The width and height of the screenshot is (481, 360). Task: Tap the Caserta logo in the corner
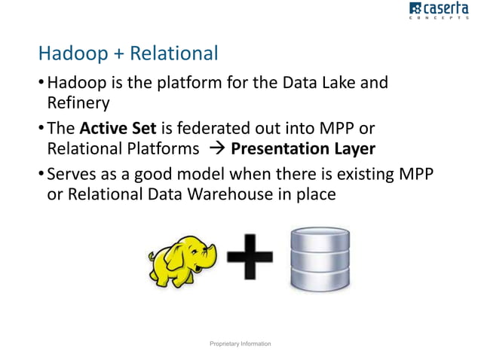[441, 13]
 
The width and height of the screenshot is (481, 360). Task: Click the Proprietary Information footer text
[240, 343]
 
